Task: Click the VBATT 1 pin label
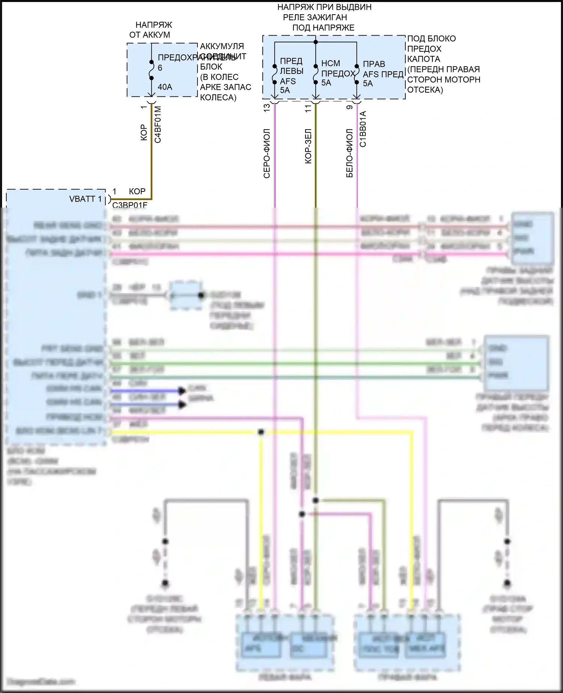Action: click(85, 199)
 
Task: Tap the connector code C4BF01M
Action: click(158, 125)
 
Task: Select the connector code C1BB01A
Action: click(363, 129)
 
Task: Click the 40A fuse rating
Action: click(165, 87)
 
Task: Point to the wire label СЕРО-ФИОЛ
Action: click(267, 153)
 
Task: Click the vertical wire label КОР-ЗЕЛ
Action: click(308, 146)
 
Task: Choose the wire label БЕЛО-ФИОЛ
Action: click(349, 153)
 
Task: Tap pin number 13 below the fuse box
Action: click(267, 108)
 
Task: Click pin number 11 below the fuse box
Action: click(308, 108)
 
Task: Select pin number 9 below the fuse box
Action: click(349, 107)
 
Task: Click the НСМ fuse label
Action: click(331, 63)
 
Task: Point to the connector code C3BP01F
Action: click(130, 205)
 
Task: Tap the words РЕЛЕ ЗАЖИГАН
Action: click(315, 17)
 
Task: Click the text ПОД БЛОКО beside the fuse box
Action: click(432, 39)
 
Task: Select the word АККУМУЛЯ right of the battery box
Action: click(222, 46)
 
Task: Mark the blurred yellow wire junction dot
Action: click(261, 432)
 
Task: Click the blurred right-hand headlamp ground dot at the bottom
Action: click(507, 583)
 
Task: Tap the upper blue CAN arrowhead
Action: click(182, 391)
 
